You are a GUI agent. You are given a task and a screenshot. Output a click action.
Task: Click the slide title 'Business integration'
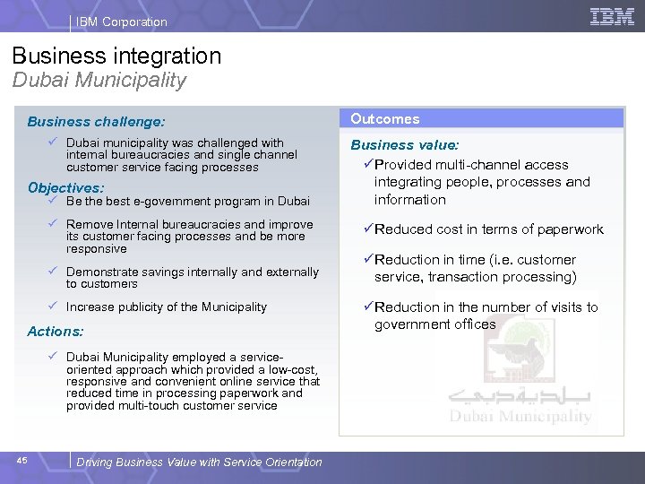(117, 56)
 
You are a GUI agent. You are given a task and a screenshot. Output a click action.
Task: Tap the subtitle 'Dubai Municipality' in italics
(99, 80)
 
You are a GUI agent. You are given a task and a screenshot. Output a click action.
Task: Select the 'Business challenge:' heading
(96, 121)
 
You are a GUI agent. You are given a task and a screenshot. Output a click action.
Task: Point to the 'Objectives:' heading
(65, 188)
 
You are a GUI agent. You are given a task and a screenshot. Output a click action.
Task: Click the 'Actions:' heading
(56, 331)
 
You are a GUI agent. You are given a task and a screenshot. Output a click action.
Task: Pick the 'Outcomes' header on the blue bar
(385, 118)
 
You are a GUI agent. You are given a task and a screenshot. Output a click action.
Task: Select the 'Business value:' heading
(405, 145)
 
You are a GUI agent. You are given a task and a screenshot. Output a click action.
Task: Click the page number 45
(22, 461)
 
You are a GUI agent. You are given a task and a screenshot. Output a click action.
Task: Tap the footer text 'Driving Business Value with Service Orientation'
(199, 462)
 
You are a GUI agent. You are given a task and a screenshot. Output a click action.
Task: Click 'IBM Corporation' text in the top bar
(122, 22)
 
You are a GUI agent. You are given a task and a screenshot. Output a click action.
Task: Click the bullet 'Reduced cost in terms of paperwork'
(489, 229)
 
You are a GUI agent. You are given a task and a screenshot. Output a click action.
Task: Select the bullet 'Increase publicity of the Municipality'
(167, 307)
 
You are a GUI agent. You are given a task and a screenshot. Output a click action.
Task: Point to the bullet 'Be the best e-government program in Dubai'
(188, 202)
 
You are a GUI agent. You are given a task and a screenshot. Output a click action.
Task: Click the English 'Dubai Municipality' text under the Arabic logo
(520, 417)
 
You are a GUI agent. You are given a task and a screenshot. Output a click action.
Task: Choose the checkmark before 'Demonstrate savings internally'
(55, 271)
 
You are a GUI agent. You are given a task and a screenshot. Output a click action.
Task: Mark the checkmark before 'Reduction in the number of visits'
(367, 307)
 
